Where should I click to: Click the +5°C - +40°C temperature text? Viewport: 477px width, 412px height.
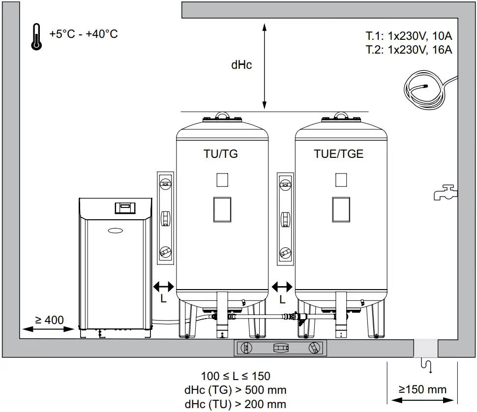pos(83,34)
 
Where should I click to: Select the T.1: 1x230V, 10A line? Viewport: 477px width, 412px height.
pos(409,36)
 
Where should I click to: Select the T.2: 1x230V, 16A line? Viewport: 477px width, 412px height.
pos(409,49)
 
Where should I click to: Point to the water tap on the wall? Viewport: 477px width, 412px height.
pos(445,192)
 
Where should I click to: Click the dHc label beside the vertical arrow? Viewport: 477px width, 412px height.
pos(241,65)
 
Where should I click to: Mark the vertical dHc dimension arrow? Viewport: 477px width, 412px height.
pos(265,66)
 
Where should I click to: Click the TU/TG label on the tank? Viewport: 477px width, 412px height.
pos(221,154)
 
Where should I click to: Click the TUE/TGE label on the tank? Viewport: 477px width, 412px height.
pos(339,154)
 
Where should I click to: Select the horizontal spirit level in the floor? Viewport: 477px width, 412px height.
pos(279,348)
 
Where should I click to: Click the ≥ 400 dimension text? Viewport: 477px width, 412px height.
pos(49,320)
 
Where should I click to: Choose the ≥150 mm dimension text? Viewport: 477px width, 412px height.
pos(422,390)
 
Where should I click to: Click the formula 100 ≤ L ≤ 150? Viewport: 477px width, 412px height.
pos(236,377)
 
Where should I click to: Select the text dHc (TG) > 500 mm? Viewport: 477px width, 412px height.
pos(236,390)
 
